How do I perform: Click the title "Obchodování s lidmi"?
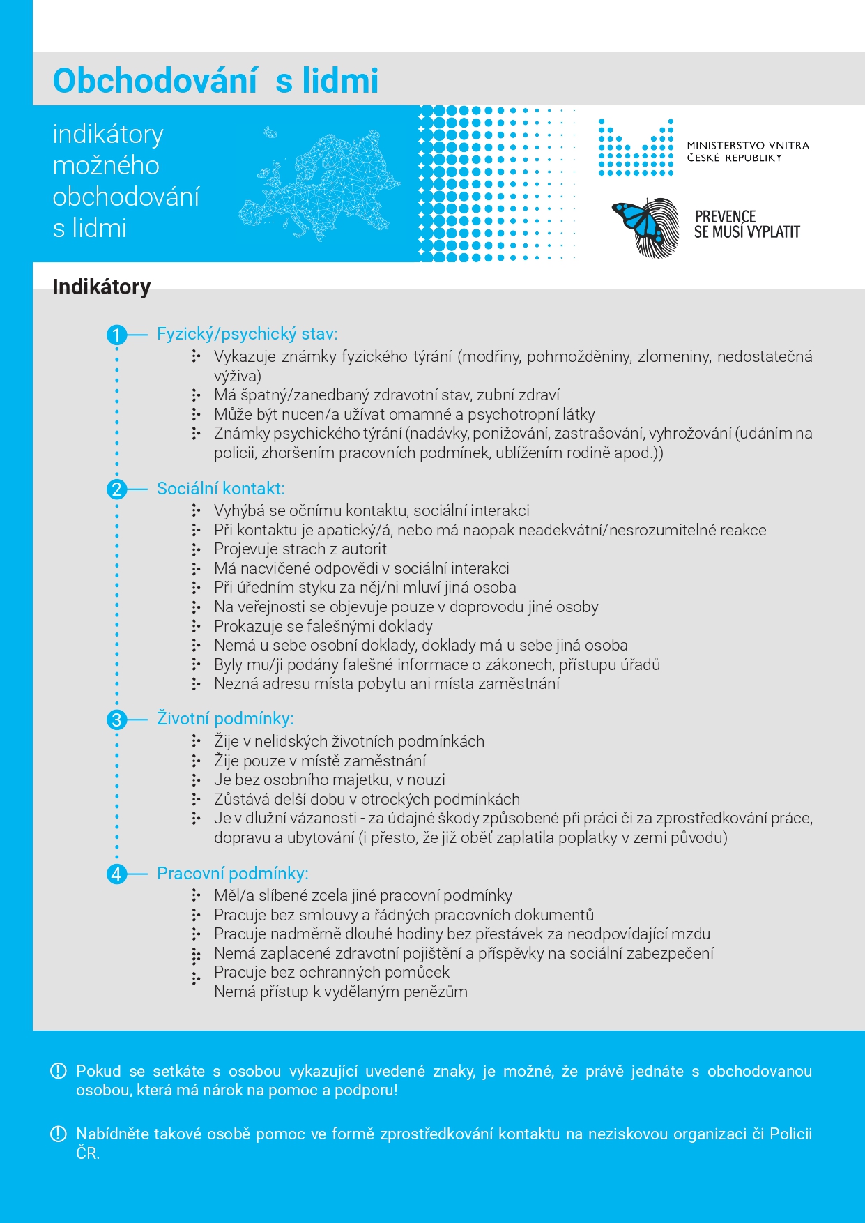click(215, 81)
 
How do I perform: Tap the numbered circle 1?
click(116, 335)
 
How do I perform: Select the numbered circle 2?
click(116, 489)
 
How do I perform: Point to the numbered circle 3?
click(116, 720)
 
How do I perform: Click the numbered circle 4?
click(116, 874)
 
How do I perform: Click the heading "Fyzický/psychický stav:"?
click(247, 334)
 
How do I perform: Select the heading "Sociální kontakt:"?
click(220, 489)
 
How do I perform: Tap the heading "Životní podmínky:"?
click(225, 719)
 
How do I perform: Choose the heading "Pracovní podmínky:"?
click(232, 874)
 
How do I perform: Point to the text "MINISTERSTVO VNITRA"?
click(747, 146)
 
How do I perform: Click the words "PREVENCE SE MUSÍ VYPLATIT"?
click(747, 225)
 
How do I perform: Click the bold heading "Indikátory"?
click(102, 287)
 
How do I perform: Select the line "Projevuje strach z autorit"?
click(300, 549)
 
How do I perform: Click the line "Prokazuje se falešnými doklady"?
click(323, 626)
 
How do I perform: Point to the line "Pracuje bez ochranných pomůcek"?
click(331, 973)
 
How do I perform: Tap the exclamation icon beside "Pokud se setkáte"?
click(59, 1071)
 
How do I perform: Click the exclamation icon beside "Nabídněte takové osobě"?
click(59, 1134)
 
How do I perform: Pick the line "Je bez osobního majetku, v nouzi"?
click(329, 780)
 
